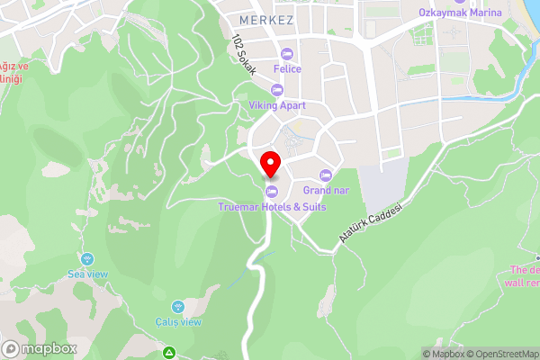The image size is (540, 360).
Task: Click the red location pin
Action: [x=271, y=166]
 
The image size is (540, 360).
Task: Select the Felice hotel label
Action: [x=288, y=68]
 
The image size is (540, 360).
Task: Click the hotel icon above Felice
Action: [x=288, y=53]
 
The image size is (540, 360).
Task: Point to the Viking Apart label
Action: [x=277, y=105]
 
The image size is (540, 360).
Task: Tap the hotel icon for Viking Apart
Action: [x=276, y=90]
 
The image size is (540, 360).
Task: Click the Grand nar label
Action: [x=326, y=190]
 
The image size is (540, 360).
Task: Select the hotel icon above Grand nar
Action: [x=326, y=175]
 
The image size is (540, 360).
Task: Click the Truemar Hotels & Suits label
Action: [x=271, y=206]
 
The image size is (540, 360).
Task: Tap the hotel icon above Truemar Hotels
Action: [x=271, y=191]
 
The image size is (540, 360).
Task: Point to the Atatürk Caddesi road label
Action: [x=369, y=221]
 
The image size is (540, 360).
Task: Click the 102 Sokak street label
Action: [x=244, y=55]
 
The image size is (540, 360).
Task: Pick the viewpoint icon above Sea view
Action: [x=86, y=258]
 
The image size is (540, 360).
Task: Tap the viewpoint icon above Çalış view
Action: [x=177, y=307]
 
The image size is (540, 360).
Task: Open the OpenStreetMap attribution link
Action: [x=500, y=354]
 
